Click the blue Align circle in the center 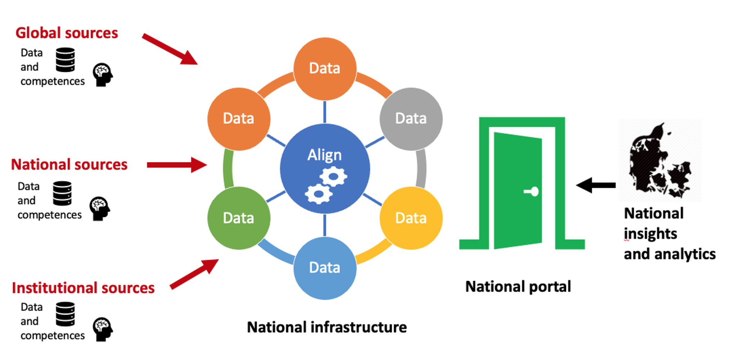[x=325, y=168]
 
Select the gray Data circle [x=411, y=119]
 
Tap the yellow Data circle [x=411, y=218]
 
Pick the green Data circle [x=239, y=218]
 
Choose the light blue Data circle [x=325, y=268]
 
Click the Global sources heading [x=67, y=33]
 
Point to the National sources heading [x=69, y=164]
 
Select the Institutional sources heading [x=83, y=288]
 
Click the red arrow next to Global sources [x=169, y=49]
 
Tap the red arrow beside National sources [x=177, y=165]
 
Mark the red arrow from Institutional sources [x=194, y=274]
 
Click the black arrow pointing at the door [x=596, y=185]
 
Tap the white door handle [x=532, y=191]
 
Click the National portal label [x=518, y=287]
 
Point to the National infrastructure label [x=327, y=327]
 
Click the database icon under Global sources [x=65, y=60]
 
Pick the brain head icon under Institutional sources [x=103, y=329]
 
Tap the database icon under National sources [x=62, y=193]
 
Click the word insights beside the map [x=650, y=234]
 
